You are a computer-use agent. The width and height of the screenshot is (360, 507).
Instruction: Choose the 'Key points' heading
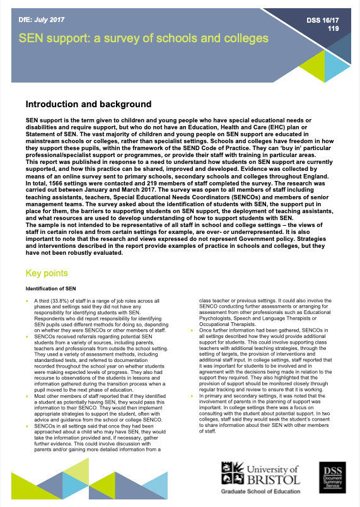48,274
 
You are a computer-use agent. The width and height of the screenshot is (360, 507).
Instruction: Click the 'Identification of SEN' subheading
51,288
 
